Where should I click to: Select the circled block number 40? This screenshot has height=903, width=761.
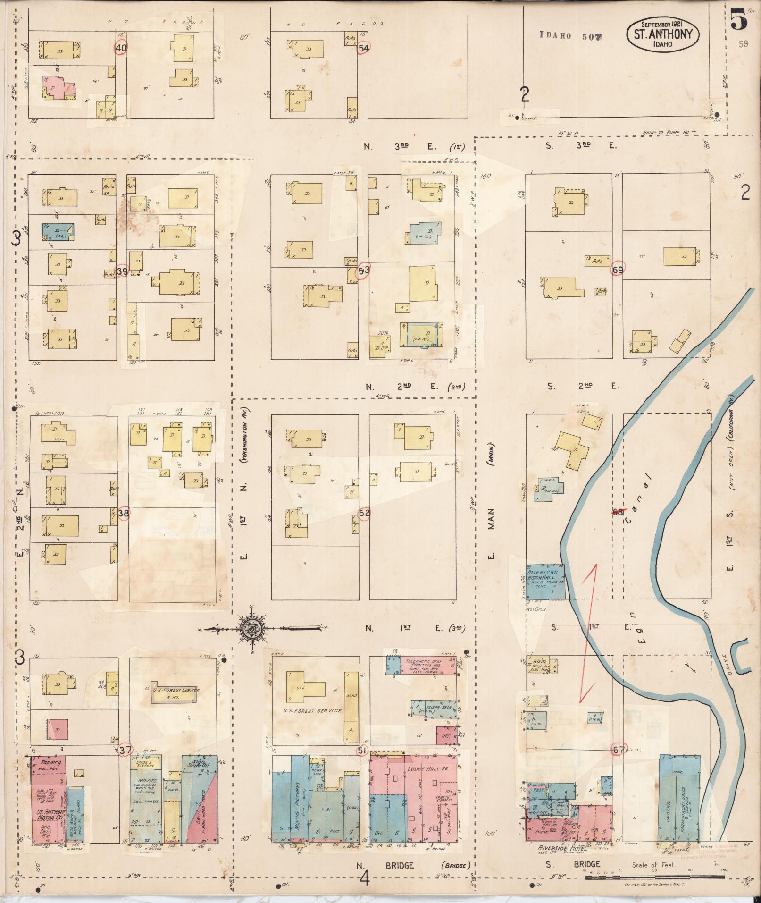pos(121,47)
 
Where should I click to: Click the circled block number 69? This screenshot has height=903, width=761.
pos(618,270)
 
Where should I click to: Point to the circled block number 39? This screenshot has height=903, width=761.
pos(122,271)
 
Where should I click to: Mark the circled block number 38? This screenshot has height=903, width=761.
pos(124,513)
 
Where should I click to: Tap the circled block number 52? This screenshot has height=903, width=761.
pos(364,513)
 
